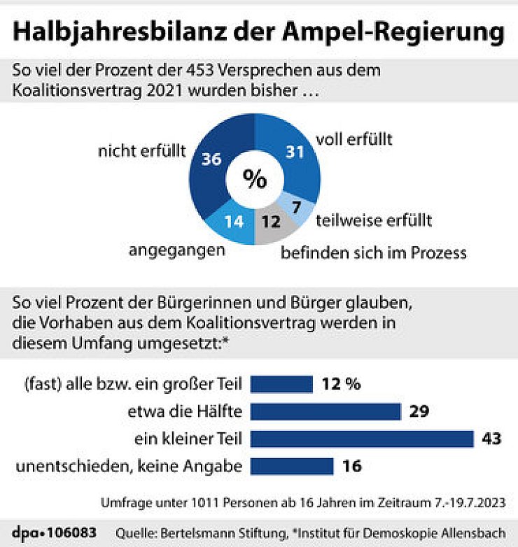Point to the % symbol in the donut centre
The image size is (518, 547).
click(255, 179)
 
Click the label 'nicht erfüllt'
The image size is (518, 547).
click(142, 149)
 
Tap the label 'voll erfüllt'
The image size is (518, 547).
click(354, 139)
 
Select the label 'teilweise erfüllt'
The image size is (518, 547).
click(374, 221)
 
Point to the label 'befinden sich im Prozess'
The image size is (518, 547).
click(373, 252)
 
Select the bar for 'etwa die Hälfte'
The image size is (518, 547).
click(325, 411)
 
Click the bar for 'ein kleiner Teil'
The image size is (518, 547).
click(363, 439)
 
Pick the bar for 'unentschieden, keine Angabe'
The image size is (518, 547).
click(292, 466)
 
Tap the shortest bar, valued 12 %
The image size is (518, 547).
click(281, 384)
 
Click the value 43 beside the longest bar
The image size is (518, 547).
click(492, 439)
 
